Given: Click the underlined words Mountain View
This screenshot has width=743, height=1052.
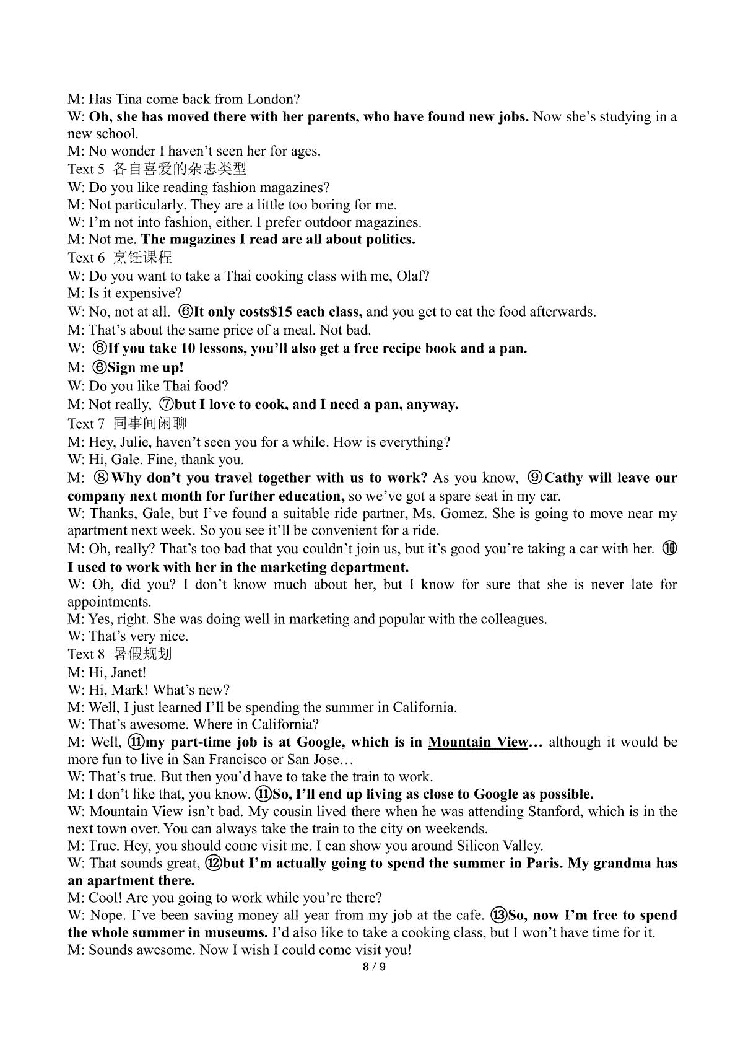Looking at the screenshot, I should (478, 742).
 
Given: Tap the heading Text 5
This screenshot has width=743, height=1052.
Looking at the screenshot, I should (86, 169).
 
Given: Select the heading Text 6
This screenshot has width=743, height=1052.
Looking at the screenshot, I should (86, 258).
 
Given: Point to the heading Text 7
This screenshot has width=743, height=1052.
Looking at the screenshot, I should (86, 424).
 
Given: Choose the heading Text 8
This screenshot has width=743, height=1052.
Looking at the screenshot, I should (86, 654).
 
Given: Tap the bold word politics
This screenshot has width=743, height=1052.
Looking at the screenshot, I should (387, 240).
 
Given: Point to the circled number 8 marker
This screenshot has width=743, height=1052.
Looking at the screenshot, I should (101, 478).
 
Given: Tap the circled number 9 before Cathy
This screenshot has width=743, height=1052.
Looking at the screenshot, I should (535, 478).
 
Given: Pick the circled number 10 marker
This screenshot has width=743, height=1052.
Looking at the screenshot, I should (670, 549).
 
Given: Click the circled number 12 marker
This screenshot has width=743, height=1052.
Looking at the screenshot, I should (213, 864).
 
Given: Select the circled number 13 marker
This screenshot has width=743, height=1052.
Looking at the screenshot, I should (498, 916).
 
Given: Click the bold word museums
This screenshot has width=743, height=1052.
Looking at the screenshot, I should (240, 933).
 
